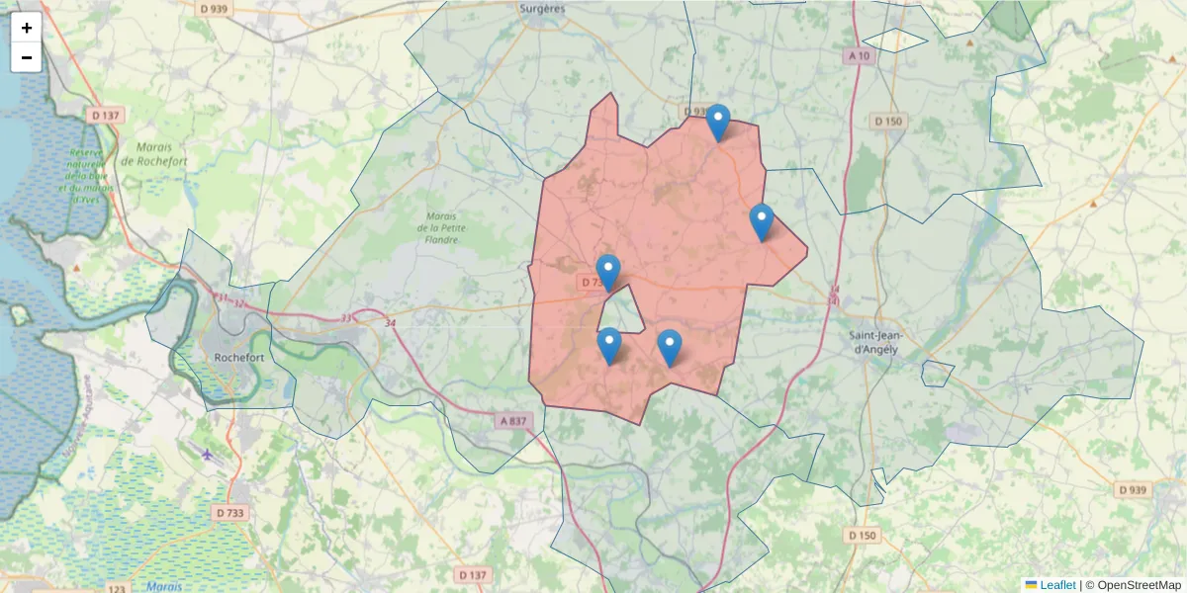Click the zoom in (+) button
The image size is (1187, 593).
27,28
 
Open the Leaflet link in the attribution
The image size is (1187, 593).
1057,585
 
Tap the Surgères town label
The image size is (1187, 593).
541,8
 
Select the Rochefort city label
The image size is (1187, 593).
238,358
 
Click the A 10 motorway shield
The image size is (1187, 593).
859,56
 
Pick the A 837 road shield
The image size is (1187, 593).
514,421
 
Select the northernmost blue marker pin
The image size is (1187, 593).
718,123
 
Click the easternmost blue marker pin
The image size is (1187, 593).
761,221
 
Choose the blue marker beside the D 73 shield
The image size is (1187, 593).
608,272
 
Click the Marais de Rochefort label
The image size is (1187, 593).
152,153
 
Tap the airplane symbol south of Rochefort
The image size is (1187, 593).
206,455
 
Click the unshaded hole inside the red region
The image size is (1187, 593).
621,312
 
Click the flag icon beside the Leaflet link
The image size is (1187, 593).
1031,585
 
